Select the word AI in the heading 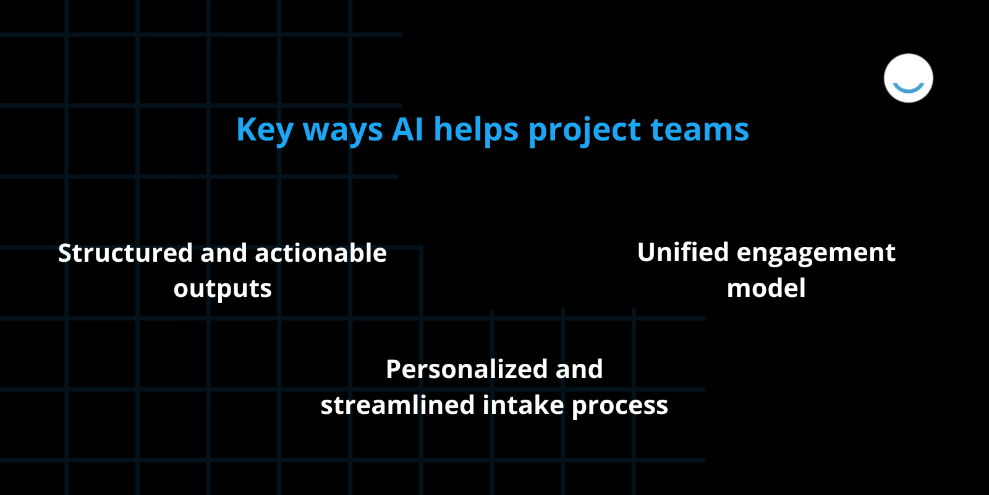[x=407, y=129]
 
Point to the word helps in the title [x=476, y=130]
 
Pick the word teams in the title [x=700, y=130]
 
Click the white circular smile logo [x=908, y=78]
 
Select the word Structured [x=125, y=253]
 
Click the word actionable [x=321, y=253]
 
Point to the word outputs [x=223, y=289]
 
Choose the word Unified [x=683, y=252]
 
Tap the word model [x=766, y=288]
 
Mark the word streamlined [x=397, y=405]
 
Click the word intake [x=523, y=405]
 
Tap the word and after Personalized [x=579, y=369]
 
